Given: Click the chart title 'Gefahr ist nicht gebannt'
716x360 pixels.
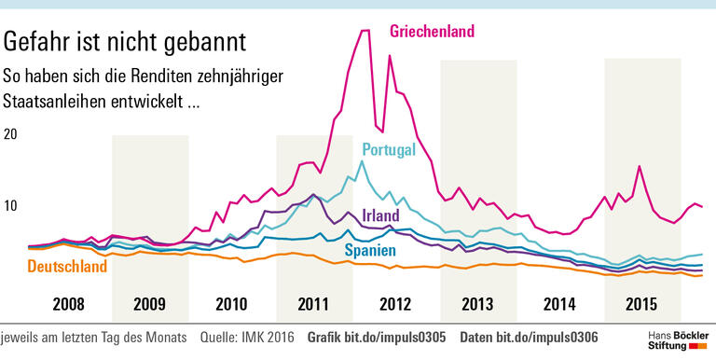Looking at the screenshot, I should click(125, 42).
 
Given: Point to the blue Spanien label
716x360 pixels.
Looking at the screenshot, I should click(371, 251).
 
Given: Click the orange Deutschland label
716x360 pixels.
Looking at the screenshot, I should click(55, 267).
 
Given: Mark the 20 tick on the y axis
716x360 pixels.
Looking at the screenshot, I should click(11, 134).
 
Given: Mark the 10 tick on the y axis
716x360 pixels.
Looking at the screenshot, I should click(11, 206).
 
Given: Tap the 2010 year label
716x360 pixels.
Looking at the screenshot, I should click(231, 303).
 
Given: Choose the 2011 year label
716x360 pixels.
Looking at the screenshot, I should click(313, 303).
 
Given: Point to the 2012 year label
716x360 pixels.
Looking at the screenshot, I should click(395, 303).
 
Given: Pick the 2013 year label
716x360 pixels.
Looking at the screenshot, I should click(477, 303).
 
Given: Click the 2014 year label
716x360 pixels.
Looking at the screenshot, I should click(559, 303).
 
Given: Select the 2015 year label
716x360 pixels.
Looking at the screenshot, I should click(641, 303).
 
